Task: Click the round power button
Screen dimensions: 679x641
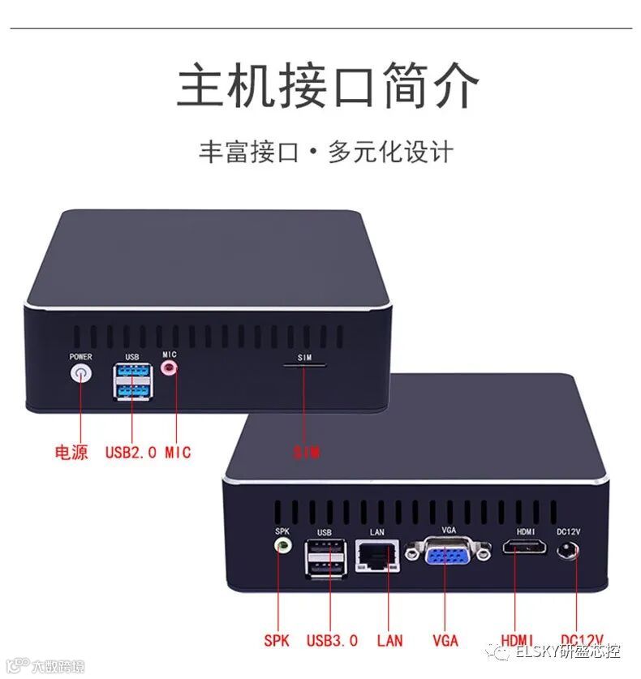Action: pos(81,373)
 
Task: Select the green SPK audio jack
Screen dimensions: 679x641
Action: pos(282,546)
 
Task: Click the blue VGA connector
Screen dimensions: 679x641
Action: pos(449,556)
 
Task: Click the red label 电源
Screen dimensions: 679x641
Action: pos(71,452)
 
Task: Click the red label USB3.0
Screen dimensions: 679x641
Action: pos(332,640)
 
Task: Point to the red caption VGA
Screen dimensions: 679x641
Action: pos(445,640)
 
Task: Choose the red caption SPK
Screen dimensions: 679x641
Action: pos(276,640)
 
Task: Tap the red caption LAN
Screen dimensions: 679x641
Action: pos(389,640)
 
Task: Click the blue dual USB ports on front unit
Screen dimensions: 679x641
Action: pos(132,380)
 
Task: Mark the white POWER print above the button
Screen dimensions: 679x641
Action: pos(80,357)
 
